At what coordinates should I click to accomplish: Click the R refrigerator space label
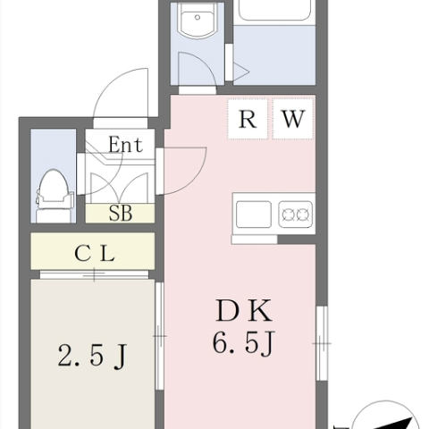248,119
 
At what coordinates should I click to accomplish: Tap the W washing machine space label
293,119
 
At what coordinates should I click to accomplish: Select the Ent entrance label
125,145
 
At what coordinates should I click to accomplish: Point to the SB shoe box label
121,213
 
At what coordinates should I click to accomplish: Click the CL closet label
95,254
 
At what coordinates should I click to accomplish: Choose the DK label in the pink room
244,311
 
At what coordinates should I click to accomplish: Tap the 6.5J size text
243,342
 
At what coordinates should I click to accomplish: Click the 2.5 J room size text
92,356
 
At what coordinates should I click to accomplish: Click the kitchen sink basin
254,214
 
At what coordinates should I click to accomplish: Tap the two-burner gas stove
296,214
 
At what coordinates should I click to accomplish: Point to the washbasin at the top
197,21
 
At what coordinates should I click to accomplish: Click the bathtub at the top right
274,12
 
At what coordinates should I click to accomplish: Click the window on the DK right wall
322,343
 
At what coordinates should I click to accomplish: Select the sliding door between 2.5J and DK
160,336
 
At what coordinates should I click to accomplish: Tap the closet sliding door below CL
94,274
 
